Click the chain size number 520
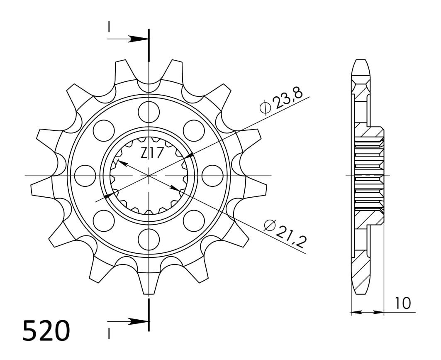click(x=46, y=331)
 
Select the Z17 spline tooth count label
click(x=151, y=154)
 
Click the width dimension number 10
click(x=402, y=303)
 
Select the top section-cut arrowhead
click(x=137, y=39)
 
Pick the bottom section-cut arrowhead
click(x=137, y=321)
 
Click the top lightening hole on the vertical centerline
click(x=149, y=111)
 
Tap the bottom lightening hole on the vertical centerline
click(x=149, y=239)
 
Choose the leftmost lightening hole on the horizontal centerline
click(x=85, y=176)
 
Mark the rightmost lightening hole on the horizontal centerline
click(x=212, y=176)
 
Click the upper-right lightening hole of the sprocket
click(x=194, y=130)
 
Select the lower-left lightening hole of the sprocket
click(x=104, y=220)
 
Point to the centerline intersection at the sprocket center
click(x=149, y=176)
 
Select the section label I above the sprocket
click(x=109, y=27)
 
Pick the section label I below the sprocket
click(x=109, y=333)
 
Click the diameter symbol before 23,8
click(x=265, y=108)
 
